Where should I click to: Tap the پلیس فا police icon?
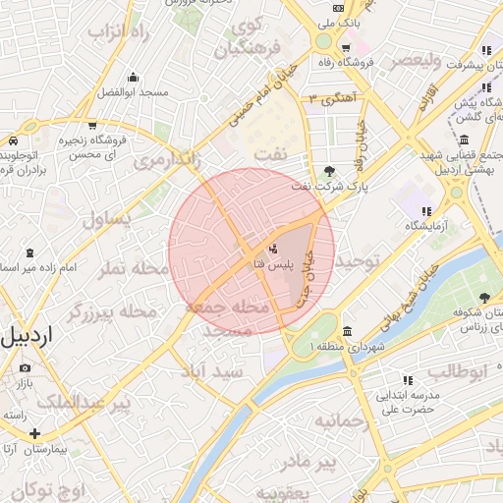point(272,248)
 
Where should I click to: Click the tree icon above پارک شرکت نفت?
point(328,169)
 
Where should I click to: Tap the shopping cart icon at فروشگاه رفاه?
point(346,47)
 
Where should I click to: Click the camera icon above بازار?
point(25,367)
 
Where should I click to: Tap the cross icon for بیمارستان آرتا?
point(35,432)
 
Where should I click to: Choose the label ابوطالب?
point(458,370)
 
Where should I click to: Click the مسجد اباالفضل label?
point(133,92)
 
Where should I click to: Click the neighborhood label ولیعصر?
point(421,60)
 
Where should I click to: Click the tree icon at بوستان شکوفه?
point(483,298)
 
